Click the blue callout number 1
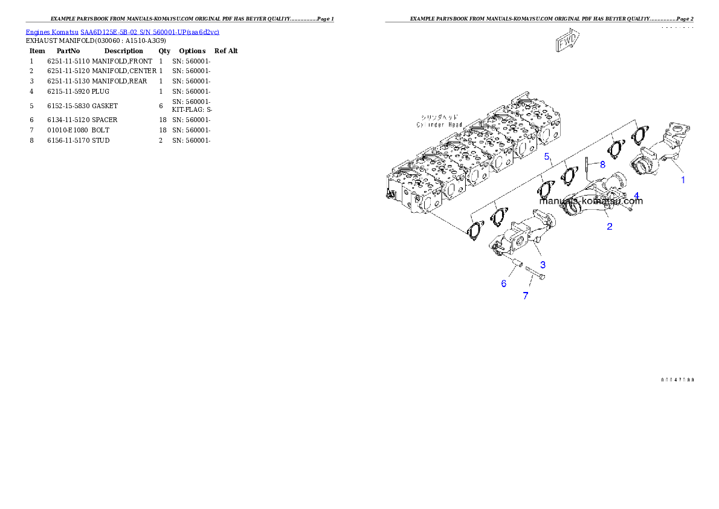click(683, 180)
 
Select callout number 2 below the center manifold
click(610, 227)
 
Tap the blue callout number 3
click(543, 265)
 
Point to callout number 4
click(636, 196)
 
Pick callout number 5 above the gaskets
click(547, 157)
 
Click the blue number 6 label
click(503, 284)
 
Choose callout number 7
click(525, 296)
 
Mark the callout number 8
click(602, 164)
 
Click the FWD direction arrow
click(567, 42)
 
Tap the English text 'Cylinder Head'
click(439, 125)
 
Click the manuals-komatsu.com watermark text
click(591, 201)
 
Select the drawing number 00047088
click(677, 380)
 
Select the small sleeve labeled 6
click(518, 264)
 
